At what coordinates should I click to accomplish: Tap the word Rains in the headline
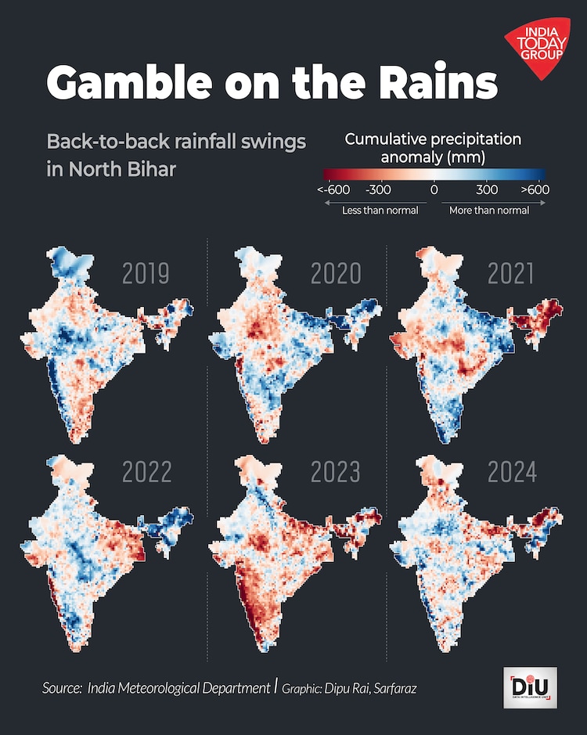point(439,82)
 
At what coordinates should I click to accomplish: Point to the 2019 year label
point(146,274)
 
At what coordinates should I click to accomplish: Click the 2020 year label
point(336,274)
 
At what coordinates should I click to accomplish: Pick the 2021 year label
point(511,274)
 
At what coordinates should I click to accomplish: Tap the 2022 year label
point(147,473)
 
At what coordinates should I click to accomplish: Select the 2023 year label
point(336,473)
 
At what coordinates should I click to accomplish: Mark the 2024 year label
point(513,473)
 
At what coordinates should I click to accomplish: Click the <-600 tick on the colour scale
point(333,190)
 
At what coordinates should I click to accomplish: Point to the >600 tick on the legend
point(533,190)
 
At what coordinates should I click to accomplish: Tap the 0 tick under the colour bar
point(434,190)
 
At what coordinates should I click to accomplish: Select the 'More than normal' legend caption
point(489,210)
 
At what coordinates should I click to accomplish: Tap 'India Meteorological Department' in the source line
point(178,688)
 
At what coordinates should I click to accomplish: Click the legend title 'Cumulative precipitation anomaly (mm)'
point(433,148)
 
